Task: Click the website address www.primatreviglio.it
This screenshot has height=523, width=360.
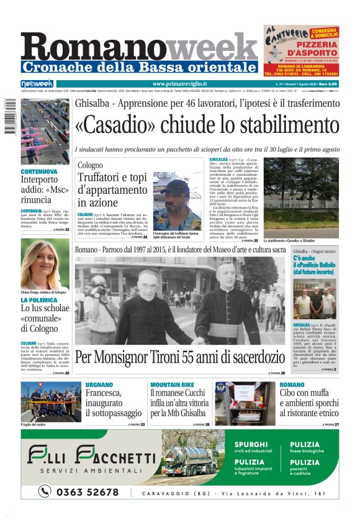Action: coord(180,84)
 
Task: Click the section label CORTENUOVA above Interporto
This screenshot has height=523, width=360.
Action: coord(39,171)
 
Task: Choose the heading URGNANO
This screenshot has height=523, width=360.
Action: coord(99,385)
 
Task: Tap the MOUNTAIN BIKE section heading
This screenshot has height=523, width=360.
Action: coord(172,385)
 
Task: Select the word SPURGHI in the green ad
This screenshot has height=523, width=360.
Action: coord(251,445)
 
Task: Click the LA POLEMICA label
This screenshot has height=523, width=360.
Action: coord(39,300)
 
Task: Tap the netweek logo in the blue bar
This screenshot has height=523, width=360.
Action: coord(37,84)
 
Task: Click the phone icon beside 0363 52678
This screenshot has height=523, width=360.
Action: coord(44,492)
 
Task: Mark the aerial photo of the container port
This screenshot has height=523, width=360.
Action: coord(45,132)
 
